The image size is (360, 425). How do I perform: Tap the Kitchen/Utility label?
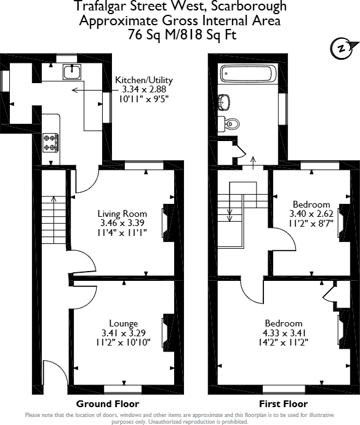(144, 80)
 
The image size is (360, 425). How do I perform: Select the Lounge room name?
(123, 323)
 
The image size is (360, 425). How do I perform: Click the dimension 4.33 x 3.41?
(284, 333)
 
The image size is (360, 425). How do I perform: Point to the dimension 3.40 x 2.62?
(311, 214)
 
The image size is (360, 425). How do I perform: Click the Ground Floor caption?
(103, 404)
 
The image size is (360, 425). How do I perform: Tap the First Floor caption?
(284, 404)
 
